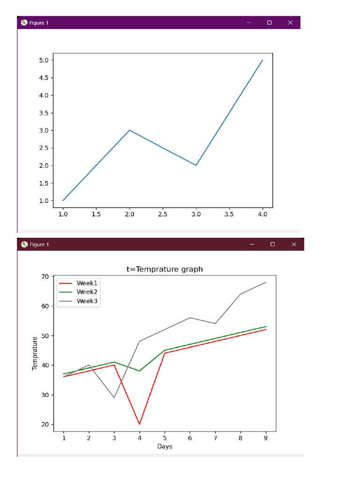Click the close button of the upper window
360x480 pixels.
290,22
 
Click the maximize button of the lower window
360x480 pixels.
273,244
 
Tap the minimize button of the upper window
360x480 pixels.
248,22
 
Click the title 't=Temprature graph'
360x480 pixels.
165,269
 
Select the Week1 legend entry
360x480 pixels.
87,283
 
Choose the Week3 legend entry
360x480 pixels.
87,301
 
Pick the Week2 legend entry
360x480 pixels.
87,292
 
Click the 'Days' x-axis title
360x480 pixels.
165,446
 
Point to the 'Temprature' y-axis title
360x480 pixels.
35,353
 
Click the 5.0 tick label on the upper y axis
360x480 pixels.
44,60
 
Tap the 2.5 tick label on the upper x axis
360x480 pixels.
163,214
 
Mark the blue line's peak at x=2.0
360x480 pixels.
129,130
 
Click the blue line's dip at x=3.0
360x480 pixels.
196,165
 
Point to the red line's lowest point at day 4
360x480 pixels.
139,424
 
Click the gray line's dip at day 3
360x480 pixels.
114,397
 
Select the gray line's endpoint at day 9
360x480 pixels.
266,282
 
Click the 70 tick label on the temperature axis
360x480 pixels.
45,277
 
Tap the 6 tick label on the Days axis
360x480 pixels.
190,438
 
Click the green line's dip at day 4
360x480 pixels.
139,371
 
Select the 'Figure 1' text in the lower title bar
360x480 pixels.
39,244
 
